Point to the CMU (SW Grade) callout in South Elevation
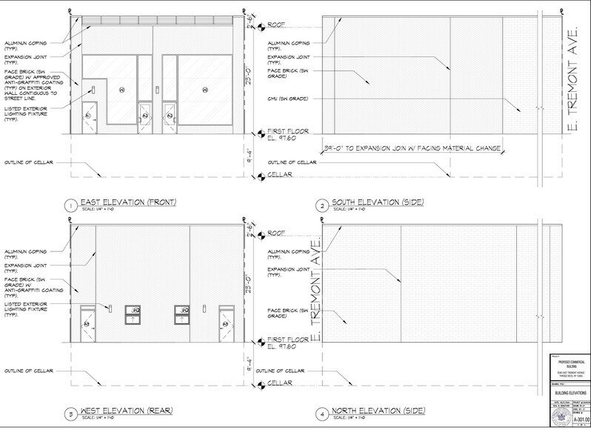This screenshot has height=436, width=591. tap(289, 99)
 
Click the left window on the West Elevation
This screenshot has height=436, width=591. tap(133, 314)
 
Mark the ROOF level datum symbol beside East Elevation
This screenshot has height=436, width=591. tap(261, 27)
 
